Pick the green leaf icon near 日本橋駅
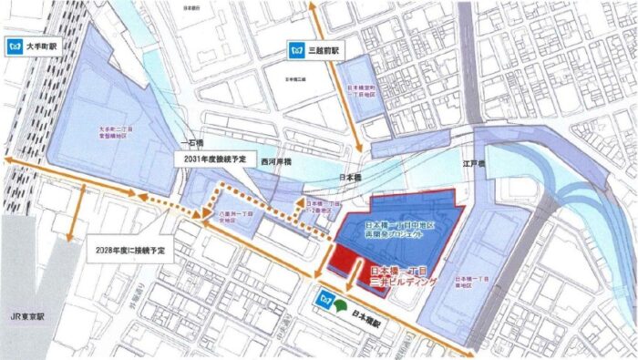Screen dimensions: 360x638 coord(341,296)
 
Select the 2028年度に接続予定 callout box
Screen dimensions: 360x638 coord(138,249)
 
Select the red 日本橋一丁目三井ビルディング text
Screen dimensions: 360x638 coord(404,277)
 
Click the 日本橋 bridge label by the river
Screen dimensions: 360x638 coord(350,179)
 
